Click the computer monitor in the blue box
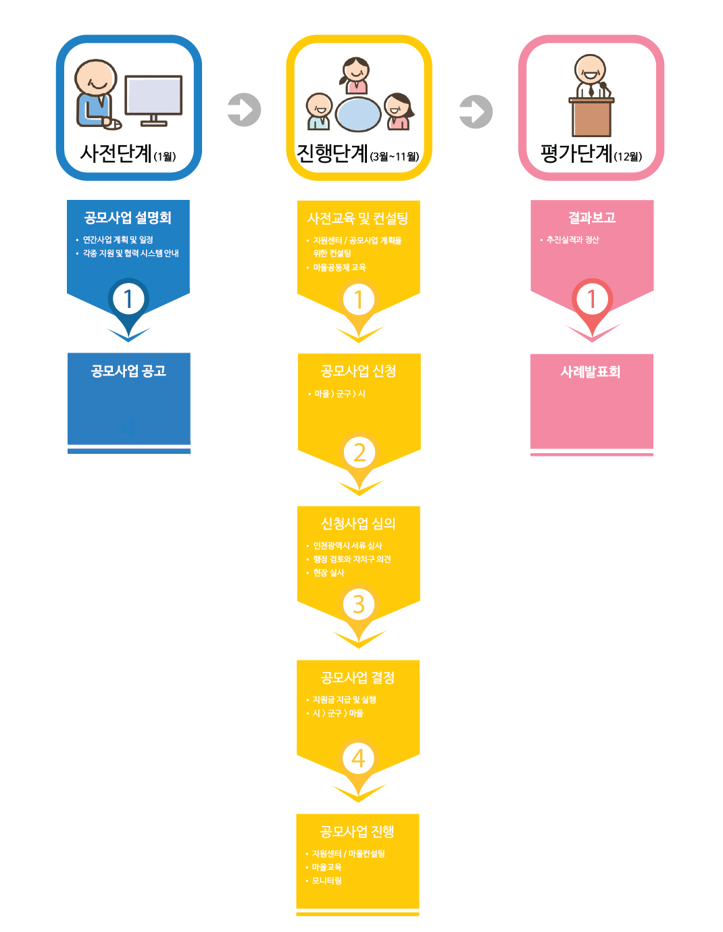pyautogui.click(x=153, y=101)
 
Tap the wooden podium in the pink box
pyautogui.click(x=591, y=117)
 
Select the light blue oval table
pyautogui.click(x=358, y=115)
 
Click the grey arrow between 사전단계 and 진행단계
pyautogui.click(x=244, y=110)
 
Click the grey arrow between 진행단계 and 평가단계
pyautogui.click(x=476, y=111)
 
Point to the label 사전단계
pyautogui.click(x=116, y=153)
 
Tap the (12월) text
pyautogui.click(x=628, y=157)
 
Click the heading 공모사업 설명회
pyautogui.click(x=128, y=217)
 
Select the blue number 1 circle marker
pyautogui.click(x=128, y=299)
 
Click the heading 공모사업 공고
pyautogui.click(x=128, y=371)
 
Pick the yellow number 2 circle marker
pyautogui.click(x=359, y=453)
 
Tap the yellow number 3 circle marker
pyautogui.click(x=359, y=604)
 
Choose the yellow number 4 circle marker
pyautogui.click(x=358, y=758)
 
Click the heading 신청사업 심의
pyautogui.click(x=358, y=523)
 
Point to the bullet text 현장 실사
pyautogui.click(x=328, y=573)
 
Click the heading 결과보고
pyautogui.click(x=592, y=217)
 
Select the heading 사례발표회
pyautogui.click(x=591, y=371)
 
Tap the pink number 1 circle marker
pyautogui.click(x=592, y=299)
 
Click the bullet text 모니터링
pyautogui.click(x=326, y=881)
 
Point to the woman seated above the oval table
pyautogui.click(x=355, y=75)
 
